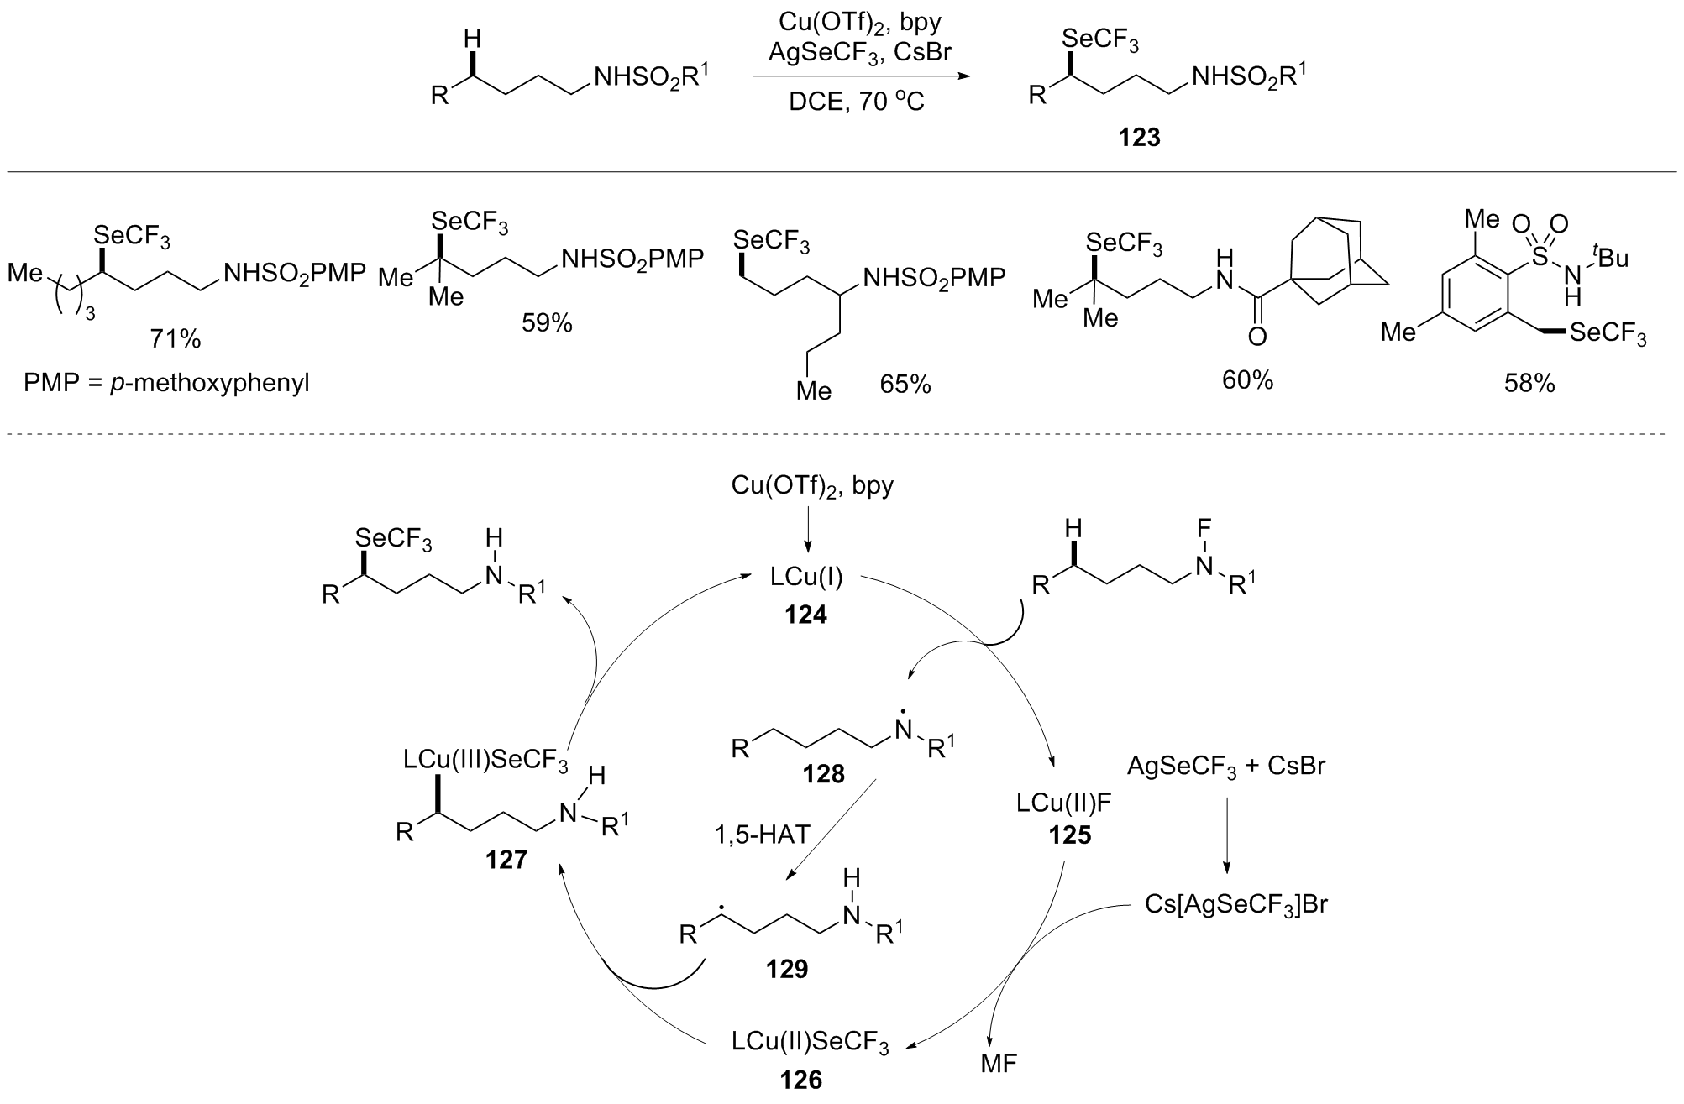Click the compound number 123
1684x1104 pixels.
[x=1139, y=137]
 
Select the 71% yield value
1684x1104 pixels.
[x=176, y=339]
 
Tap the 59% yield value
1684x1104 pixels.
[x=547, y=322]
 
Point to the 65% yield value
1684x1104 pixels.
[x=905, y=384]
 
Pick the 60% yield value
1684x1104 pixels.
[x=1247, y=380]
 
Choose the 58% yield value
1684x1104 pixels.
[x=1529, y=384]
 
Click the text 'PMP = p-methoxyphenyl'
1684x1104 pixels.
[x=167, y=385]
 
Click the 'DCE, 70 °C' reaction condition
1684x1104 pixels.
[x=856, y=103]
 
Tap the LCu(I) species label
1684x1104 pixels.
[x=806, y=578]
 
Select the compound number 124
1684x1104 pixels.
[x=806, y=615]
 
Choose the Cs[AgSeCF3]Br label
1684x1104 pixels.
[x=1236, y=905]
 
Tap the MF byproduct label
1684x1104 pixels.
[x=999, y=1064]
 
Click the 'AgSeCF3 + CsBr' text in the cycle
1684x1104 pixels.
[x=1225, y=766]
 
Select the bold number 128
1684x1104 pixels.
[x=823, y=773]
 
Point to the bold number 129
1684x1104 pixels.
[x=786, y=970]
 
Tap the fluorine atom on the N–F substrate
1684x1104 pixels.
[x=1204, y=530]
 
